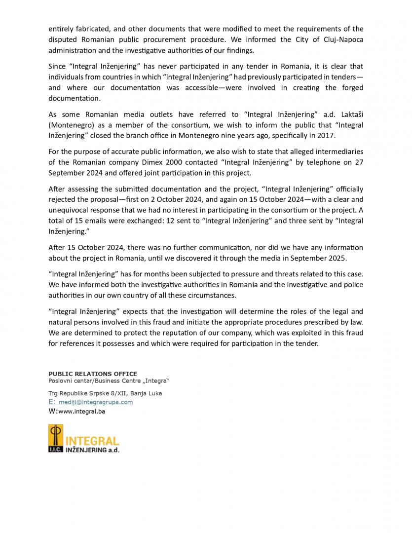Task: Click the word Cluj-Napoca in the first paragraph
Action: [x=340, y=39]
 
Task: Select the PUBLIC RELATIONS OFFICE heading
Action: [x=93, y=374]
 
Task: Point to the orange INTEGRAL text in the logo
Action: [x=92, y=441]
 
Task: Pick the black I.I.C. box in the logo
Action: [x=55, y=450]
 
